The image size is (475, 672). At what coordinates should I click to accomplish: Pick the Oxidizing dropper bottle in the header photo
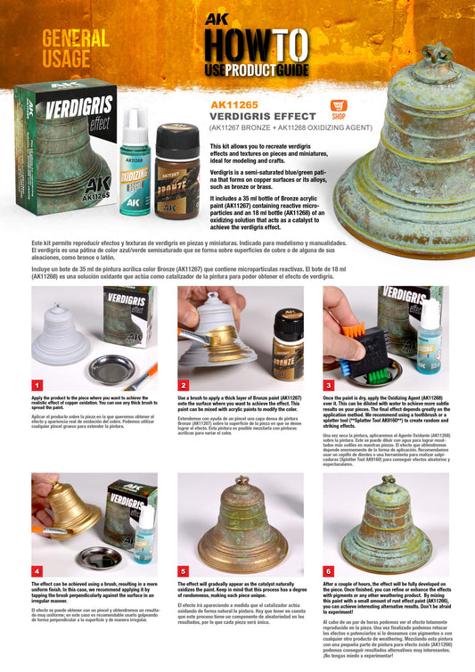click(133, 168)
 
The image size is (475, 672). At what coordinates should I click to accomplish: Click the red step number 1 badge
click(37, 384)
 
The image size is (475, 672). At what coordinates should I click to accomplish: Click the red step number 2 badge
click(184, 384)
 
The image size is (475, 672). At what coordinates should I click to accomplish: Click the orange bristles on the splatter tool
click(356, 333)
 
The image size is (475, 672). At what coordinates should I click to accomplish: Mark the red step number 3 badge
click(329, 384)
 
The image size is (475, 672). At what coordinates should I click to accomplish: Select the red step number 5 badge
click(184, 570)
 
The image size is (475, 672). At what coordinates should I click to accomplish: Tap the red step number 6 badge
click(329, 570)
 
